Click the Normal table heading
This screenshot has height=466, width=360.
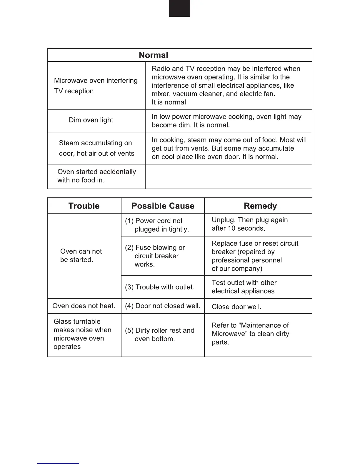(x=153, y=55)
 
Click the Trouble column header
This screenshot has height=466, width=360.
(x=84, y=206)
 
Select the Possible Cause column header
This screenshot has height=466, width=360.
(x=163, y=206)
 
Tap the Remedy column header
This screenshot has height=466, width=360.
(x=260, y=206)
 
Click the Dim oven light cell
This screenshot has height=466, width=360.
(x=91, y=120)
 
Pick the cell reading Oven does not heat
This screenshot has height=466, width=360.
(x=84, y=306)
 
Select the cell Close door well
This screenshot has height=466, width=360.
(x=236, y=307)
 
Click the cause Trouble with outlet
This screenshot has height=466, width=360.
(x=160, y=287)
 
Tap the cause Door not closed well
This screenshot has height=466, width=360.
(x=163, y=306)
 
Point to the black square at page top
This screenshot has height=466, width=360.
(x=179, y=8)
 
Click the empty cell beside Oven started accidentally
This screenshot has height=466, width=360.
(x=229, y=177)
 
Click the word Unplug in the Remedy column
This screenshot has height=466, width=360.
(x=223, y=220)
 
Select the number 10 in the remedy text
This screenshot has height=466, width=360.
(x=232, y=229)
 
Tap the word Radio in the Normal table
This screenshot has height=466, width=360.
(x=161, y=69)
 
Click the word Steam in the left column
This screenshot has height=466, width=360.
(x=69, y=143)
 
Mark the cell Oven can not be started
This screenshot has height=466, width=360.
(x=81, y=256)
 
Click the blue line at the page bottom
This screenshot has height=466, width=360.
(x=58, y=463)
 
